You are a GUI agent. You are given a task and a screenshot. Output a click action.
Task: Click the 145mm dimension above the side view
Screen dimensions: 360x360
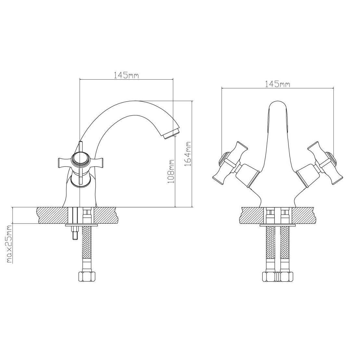pyautogui.click(x=126, y=75)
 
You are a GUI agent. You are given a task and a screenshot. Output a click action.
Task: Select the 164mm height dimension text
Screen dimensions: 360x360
pyautogui.click(x=188, y=154)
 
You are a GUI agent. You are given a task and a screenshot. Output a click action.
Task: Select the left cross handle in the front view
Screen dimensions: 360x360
pyautogui.click(x=230, y=163)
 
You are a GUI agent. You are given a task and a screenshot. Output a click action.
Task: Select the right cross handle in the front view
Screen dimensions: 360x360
pyautogui.click(x=325, y=163)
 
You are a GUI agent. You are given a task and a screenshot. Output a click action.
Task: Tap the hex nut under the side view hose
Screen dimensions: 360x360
pyautogui.click(x=87, y=276)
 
